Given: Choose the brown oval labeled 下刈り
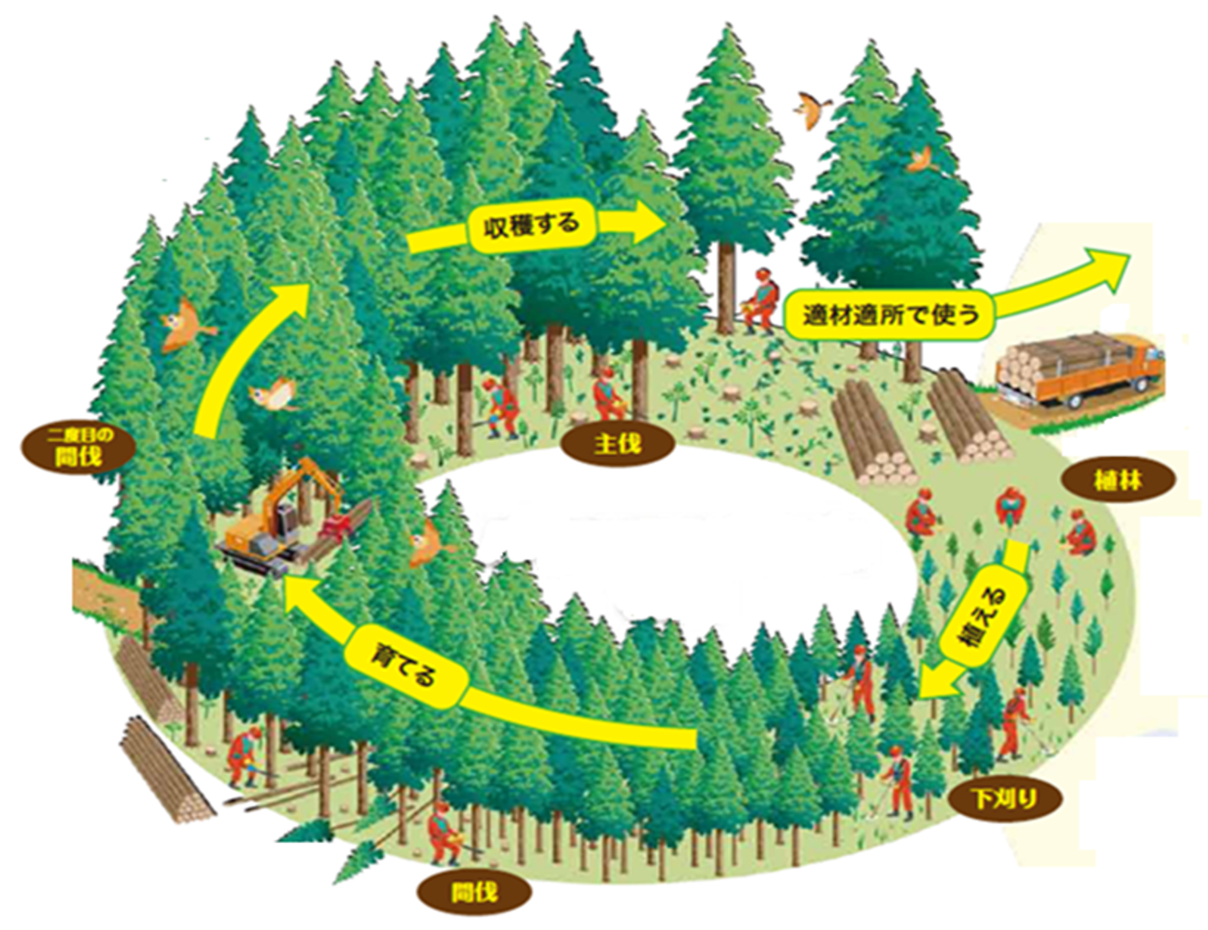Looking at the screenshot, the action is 1005,798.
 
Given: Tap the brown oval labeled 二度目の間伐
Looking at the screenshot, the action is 78,448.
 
